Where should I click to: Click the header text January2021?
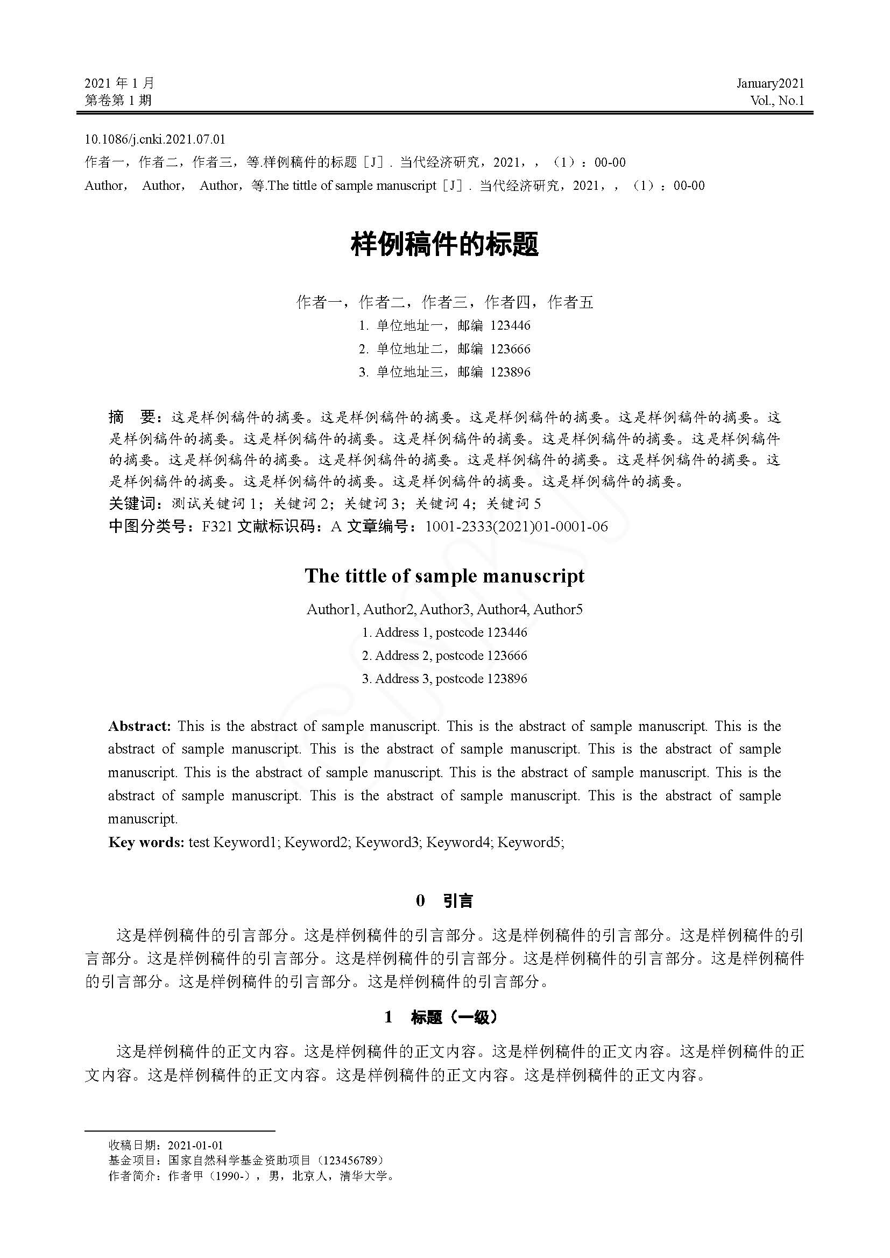pos(770,83)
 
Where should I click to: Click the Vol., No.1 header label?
pos(777,100)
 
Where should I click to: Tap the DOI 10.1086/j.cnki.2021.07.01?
pos(154,139)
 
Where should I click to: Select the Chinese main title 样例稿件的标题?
pos(444,244)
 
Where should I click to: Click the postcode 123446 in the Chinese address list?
pos(510,325)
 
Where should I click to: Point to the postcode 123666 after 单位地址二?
pos(510,349)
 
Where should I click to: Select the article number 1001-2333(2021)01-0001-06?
pos(516,527)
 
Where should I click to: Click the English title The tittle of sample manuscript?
pos(444,576)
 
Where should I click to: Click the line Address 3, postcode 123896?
pos(444,679)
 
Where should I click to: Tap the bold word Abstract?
pos(140,727)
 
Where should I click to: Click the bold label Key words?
pos(146,842)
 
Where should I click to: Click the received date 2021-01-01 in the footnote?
pos(195,1145)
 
